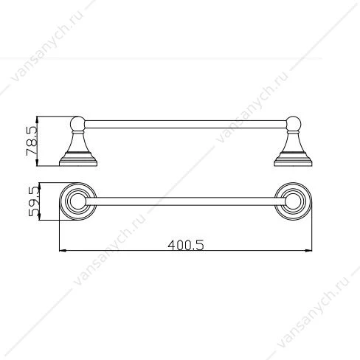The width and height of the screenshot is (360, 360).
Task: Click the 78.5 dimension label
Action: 32,141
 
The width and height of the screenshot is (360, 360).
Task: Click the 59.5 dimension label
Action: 34,201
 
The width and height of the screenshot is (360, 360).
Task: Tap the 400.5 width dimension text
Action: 186,245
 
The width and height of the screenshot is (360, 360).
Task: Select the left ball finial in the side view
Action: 77,124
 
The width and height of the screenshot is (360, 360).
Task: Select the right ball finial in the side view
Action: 294,124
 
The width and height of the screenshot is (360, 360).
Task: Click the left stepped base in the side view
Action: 78,159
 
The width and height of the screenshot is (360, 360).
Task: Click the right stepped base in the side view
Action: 293,159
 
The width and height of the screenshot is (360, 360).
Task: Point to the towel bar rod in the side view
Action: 186,125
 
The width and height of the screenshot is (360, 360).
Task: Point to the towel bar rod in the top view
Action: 186,201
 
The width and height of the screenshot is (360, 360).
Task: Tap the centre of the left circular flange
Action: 78,201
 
